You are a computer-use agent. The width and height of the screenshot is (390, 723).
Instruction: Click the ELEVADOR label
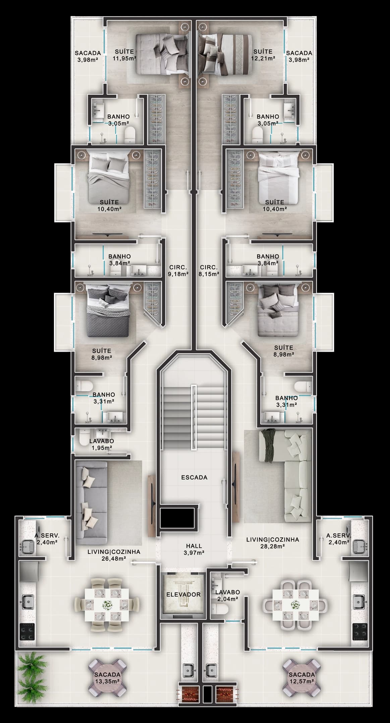[183, 594]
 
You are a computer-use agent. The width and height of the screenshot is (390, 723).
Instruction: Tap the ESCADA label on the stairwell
[194, 477]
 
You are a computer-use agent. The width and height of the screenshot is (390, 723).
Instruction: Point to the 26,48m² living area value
[113, 558]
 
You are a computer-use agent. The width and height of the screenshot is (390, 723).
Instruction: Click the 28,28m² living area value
[272, 546]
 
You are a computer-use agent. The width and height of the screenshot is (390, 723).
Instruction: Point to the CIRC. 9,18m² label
[178, 271]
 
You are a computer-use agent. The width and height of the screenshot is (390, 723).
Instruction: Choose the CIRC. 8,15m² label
[209, 271]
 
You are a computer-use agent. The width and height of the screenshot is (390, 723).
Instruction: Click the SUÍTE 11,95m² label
[124, 55]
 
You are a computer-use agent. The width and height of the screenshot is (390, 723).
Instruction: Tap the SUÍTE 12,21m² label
[263, 55]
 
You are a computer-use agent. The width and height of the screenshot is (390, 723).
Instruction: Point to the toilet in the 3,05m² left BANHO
[129, 135]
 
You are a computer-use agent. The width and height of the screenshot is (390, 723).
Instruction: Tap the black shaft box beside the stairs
[177, 517]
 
